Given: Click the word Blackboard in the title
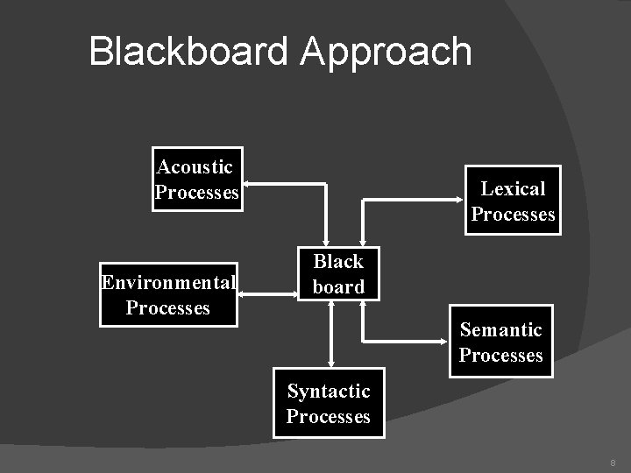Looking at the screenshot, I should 188,52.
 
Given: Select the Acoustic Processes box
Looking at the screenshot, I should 196,180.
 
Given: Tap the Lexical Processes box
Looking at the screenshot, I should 513,201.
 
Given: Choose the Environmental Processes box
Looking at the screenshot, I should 168,295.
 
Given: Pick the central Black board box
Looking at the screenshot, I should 338,273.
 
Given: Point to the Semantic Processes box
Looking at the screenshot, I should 500,342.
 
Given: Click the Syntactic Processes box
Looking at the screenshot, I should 328,404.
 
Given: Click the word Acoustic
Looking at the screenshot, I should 195,166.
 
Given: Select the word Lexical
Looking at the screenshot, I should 513,188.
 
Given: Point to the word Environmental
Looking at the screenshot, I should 168,282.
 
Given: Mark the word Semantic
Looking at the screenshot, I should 500,329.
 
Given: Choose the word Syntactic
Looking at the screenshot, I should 329,391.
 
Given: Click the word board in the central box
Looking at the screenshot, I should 338,286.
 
